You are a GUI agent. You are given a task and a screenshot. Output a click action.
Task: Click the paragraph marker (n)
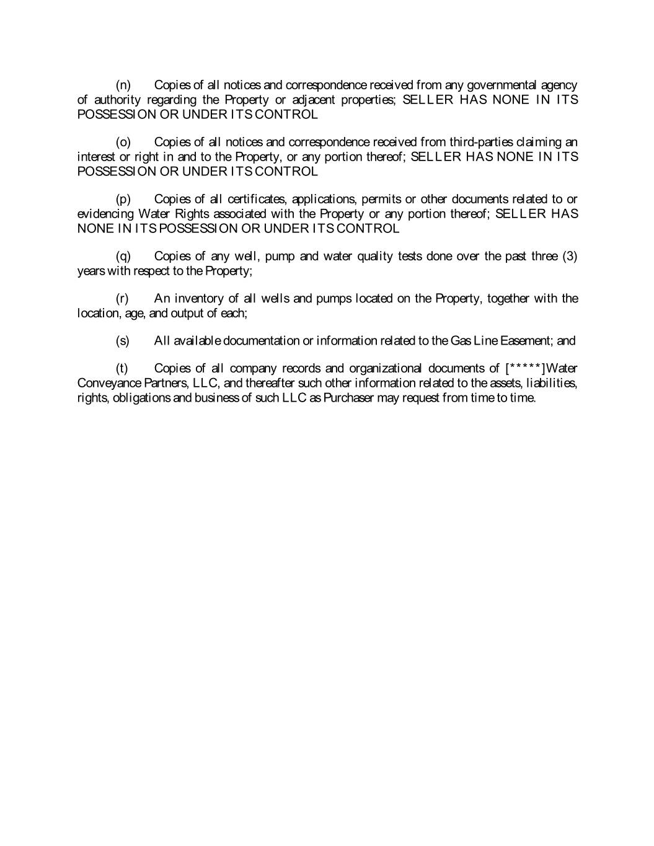coord(123,85)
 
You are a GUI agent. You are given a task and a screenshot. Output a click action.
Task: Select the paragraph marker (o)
coord(123,142)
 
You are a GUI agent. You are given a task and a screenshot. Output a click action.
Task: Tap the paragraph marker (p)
coord(123,199)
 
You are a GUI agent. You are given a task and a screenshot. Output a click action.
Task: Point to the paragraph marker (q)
coord(123,256)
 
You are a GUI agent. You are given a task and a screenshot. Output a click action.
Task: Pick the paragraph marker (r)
coord(123,299)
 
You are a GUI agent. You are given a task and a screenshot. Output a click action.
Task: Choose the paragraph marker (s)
coord(123,341)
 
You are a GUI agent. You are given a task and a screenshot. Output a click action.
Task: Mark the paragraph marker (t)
coord(122,369)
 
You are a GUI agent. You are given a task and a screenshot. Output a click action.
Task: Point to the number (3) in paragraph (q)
coord(570,256)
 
